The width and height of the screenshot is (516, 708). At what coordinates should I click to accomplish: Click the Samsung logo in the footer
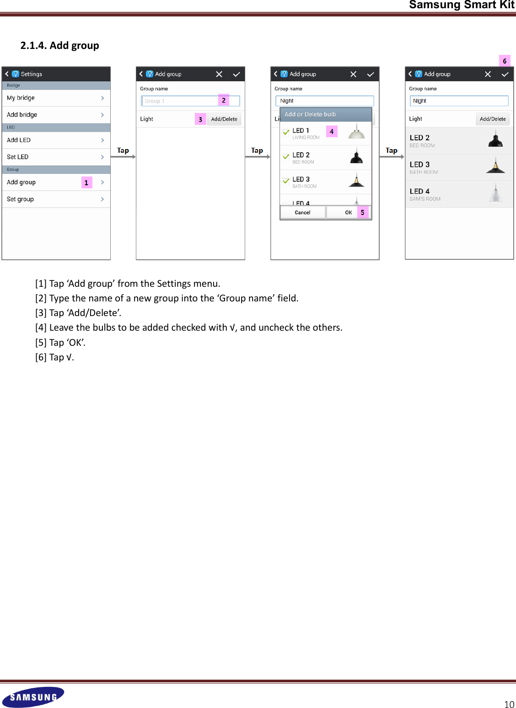[x=33, y=697]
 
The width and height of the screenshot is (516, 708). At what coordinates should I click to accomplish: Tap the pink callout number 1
[x=86, y=182]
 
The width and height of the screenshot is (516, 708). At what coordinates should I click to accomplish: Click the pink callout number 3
[x=200, y=119]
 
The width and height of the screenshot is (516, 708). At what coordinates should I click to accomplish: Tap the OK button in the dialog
[x=348, y=213]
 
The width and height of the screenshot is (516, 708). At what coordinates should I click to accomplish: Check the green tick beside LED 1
[x=286, y=132]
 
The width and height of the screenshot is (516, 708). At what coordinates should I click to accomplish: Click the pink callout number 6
[x=505, y=61]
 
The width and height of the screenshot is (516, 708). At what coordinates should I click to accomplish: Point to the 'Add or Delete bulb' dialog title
[x=310, y=114]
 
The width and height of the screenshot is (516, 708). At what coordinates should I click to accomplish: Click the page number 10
[x=509, y=704]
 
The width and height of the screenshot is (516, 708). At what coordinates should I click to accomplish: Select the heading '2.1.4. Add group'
[x=59, y=45]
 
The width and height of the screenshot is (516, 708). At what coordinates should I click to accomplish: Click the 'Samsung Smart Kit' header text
[x=462, y=5]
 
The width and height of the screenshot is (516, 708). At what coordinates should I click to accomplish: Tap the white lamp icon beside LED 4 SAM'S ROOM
[x=495, y=193]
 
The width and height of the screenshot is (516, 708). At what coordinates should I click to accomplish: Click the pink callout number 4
[x=332, y=131]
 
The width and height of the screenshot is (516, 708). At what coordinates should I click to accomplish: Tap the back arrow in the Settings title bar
[x=7, y=74]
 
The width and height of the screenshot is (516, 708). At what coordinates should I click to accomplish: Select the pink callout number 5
[x=362, y=213]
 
